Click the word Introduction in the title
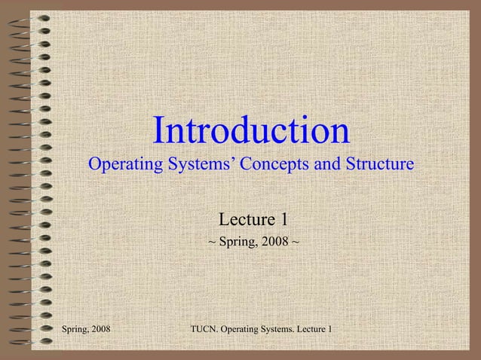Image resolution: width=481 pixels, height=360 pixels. pyautogui.click(x=251, y=131)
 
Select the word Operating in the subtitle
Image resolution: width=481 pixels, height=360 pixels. pyautogui.click(x=124, y=163)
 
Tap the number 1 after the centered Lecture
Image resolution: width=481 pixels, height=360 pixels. pyautogui.click(x=283, y=220)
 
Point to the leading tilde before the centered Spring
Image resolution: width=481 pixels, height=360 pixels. pyautogui.click(x=211, y=246)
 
